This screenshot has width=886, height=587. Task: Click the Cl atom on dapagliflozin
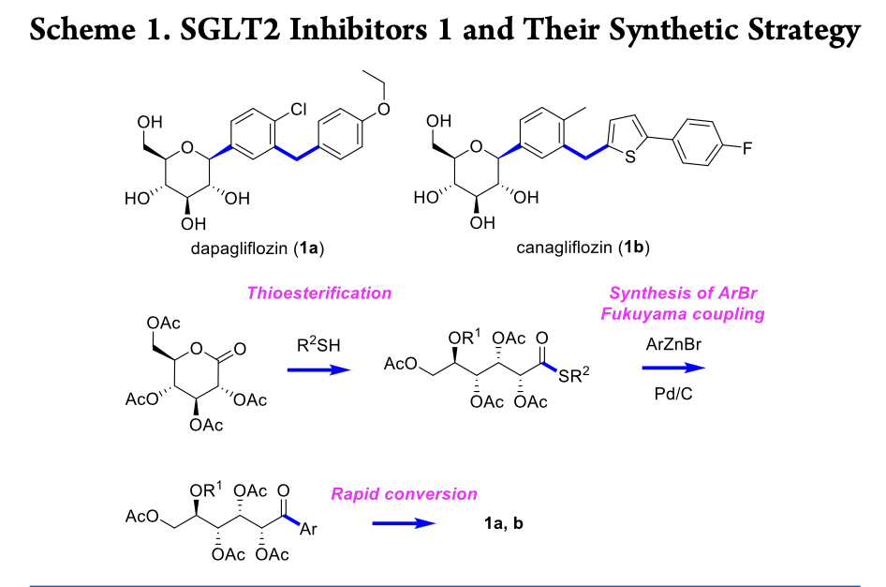(x=298, y=111)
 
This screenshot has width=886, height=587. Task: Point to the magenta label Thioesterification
(x=318, y=293)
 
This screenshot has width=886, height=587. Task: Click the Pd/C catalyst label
(x=673, y=394)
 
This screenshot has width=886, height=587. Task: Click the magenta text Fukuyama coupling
(x=682, y=314)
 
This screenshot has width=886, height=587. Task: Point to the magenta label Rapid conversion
(x=404, y=494)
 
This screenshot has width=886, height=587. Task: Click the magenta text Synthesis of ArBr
(x=682, y=293)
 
